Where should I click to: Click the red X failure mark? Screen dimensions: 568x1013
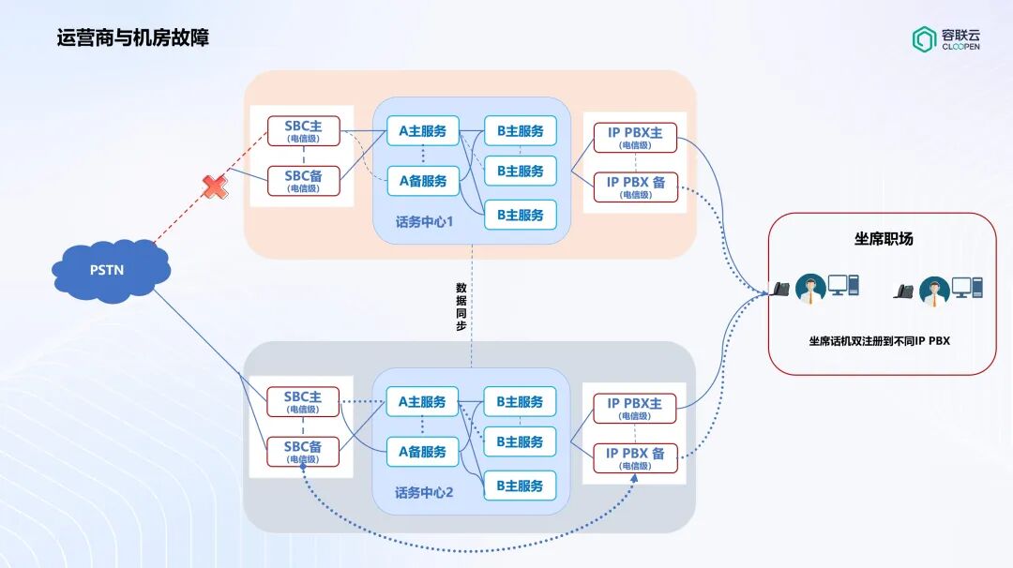pyautogui.click(x=216, y=186)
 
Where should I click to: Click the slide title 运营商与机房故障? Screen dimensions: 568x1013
pyautogui.click(x=132, y=38)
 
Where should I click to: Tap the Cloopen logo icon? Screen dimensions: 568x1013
pyautogui.click(x=924, y=38)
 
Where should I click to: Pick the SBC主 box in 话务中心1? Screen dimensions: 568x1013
pyautogui.click(x=303, y=130)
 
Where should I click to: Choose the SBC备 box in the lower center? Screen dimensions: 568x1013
pyautogui.click(x=303, y=452)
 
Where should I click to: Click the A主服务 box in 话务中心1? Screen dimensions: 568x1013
pyautogui.click(x=423, y=131)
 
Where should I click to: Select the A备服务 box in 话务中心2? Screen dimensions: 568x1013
pyautogui.click(x=423, y=452)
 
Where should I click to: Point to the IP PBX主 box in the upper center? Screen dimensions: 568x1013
pyautogui.click(x=635, y=137)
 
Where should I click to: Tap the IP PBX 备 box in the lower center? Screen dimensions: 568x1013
pyautogui.click(x=635, y=458)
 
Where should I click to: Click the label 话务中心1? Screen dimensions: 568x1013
pyautogui.click(x=425, y=223)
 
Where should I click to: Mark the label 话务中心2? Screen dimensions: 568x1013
pyautogui.click(x=424, y=492)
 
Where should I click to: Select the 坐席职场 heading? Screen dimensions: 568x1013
pyautogui.click(x=883, y=239)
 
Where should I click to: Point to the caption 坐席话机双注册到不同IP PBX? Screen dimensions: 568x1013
pyautogui.click(x=879, y=341)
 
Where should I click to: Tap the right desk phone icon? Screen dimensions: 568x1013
pyautogui.click(x=903, y=291)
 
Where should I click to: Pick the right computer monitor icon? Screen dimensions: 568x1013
pyautogui.click(x=961, y=287)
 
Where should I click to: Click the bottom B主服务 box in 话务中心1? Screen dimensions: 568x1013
pyautogui.click(x=520, y=215)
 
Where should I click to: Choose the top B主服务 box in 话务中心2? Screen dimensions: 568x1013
pyautogui.click(x=520, y=402)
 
